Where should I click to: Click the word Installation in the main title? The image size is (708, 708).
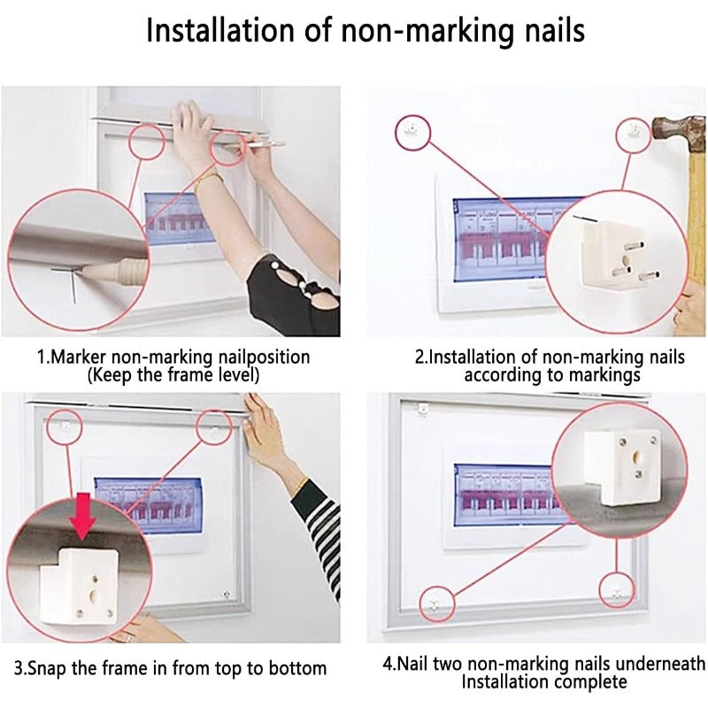tap(220, 30)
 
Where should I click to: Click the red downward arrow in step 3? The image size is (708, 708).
tap(82, 516)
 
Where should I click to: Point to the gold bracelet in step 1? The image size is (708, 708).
tap(209, 178)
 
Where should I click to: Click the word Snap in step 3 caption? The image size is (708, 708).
tap(47, 668)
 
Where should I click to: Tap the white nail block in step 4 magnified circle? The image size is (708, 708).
tap(622, 467)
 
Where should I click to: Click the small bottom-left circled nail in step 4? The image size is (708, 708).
tap(434, 605)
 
